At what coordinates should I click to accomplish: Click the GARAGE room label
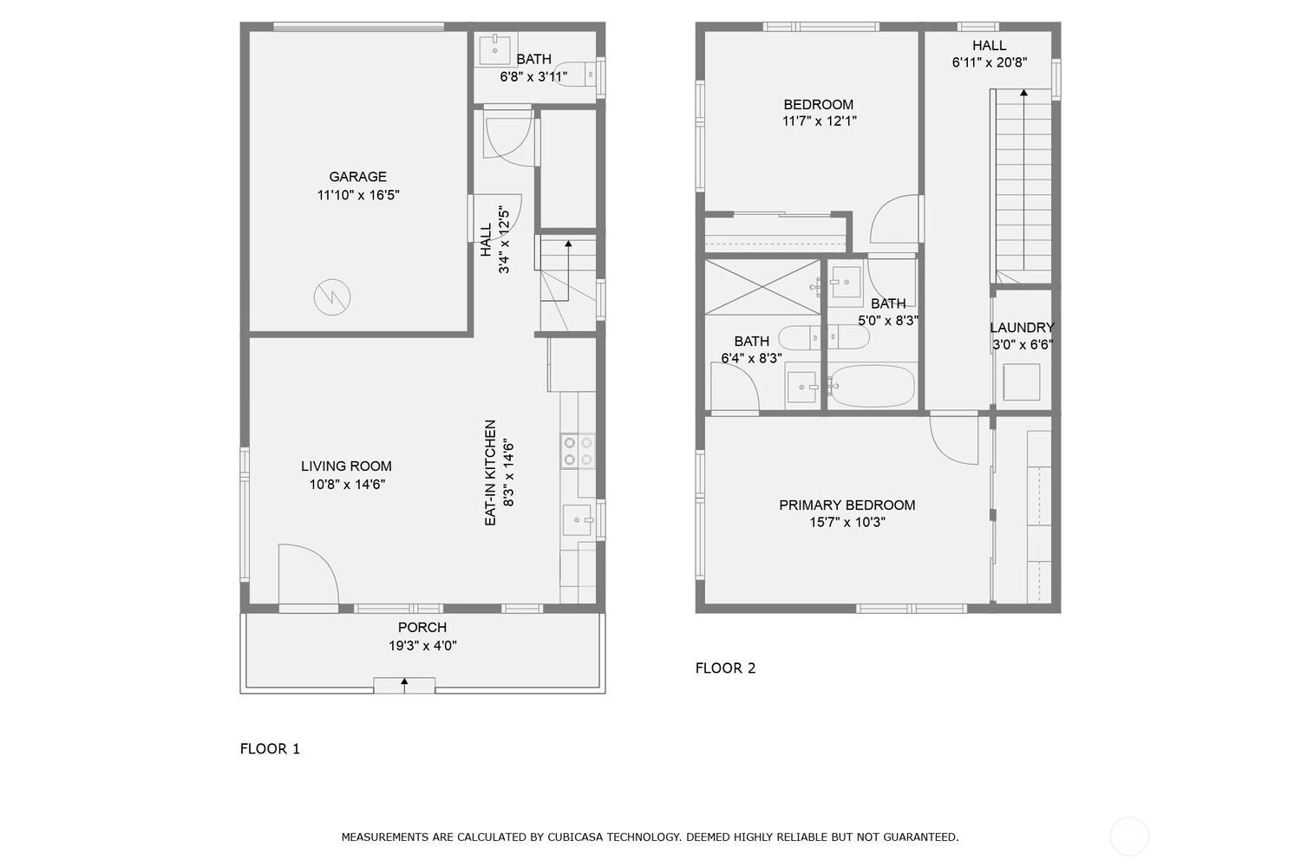click(x=357, y=177)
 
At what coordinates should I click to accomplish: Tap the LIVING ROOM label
click(x=346, y=466)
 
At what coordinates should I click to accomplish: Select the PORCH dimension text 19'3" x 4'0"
click(x=423, y=645)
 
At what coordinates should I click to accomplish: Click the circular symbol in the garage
click(x=332, y=297)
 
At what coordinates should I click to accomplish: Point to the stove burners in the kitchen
click(x=578, y=451)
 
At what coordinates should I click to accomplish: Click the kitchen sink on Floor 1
click(x=577, y=519)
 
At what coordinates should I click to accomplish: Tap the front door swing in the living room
click(x=308, y=574)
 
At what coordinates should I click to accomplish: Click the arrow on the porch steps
click(x=404, y=685)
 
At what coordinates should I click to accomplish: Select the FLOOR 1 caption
click(x=270, y=748)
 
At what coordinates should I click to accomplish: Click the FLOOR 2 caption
click(x=725, y=668)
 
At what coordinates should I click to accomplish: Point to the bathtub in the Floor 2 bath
click(x=872, y=386)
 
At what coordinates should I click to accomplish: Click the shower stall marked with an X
click(x=762, y=288)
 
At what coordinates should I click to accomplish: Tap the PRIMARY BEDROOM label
click(x=847, y=505)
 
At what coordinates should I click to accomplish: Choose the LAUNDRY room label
click(x=1022, y=328)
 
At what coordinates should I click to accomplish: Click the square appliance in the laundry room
click(x=1021, y=382)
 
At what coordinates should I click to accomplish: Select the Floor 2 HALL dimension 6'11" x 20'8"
click(x=990, y=62)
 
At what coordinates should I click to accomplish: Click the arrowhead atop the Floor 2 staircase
click(x=1023, y=92)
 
